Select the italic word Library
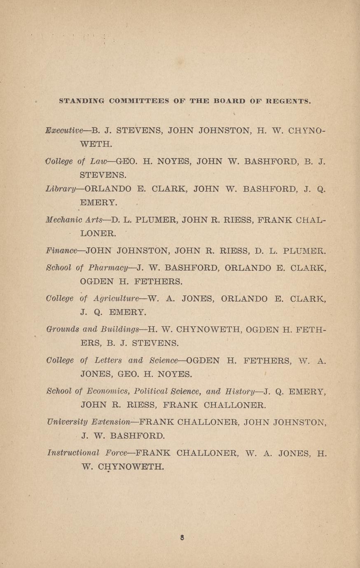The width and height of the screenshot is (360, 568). coord(61,189)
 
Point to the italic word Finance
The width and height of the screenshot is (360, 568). coord(62,250)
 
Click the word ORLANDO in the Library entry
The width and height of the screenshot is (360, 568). coord(108,189)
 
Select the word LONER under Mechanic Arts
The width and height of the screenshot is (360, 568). coord(98,233)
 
